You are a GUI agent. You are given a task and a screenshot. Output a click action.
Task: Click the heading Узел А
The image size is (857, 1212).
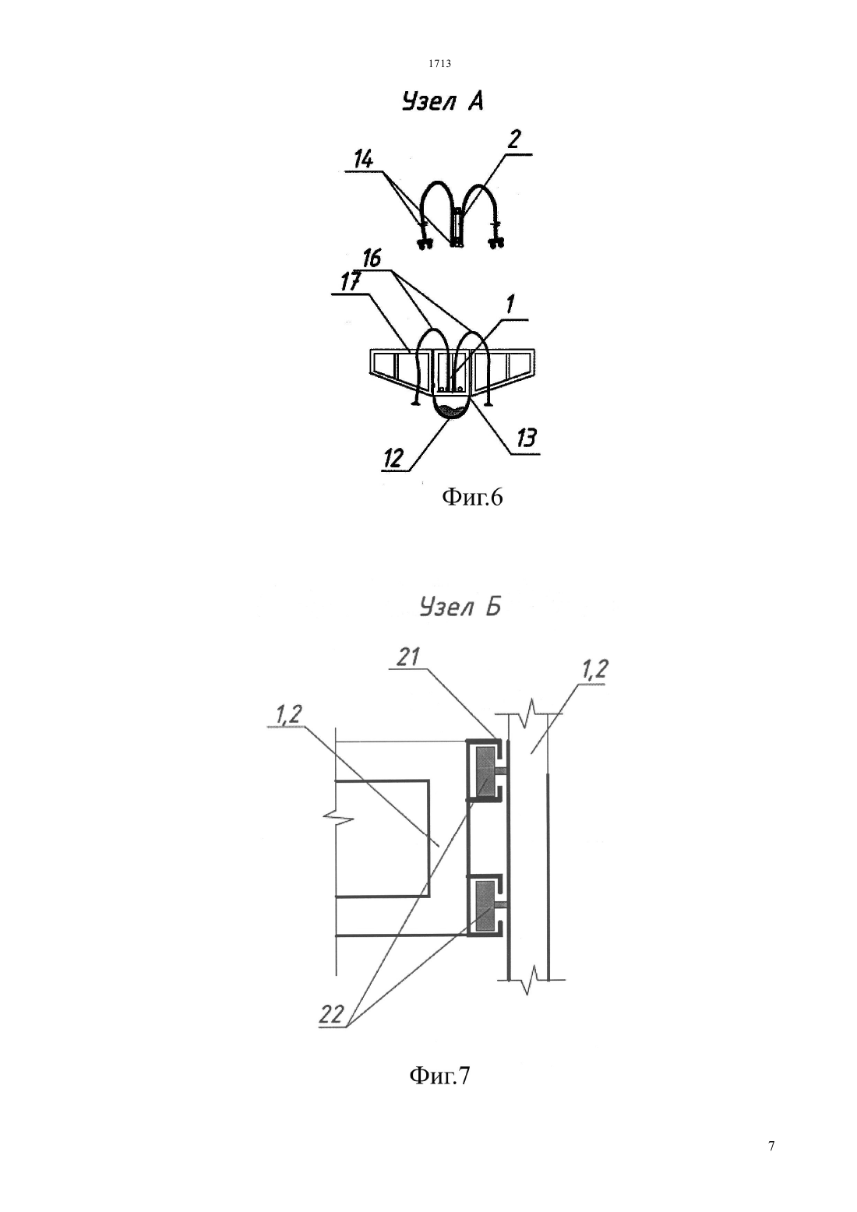click(x=442, y=102)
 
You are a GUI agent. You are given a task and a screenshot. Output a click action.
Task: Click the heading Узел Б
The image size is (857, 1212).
click(x=460, y=607)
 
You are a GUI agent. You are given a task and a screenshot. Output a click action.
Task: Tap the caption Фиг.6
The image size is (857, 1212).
click(x=472, y=497)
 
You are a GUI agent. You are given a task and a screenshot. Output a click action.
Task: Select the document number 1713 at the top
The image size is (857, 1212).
click(x=439, y=64)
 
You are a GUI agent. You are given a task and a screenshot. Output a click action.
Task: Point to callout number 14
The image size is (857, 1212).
click(x=364, y=160)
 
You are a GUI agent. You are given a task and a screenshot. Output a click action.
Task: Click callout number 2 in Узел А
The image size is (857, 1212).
click(x=513, y=139)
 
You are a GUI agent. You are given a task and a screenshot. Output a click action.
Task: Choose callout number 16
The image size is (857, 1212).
click(x=372, y=258)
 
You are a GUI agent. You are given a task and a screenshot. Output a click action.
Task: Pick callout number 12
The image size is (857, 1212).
click(x=393, y=459)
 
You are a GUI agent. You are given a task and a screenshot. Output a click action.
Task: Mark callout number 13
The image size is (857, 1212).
click(x=525, y=438)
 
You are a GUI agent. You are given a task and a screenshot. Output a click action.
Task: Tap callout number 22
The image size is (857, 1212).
click(x=331, y=1013)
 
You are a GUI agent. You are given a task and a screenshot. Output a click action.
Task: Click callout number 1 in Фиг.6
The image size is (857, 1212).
click(x=510, y=305)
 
